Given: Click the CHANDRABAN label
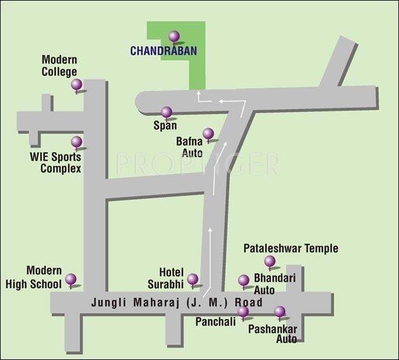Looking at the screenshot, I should [x=163, y=50].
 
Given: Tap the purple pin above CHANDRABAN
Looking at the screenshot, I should [x=174, y=36].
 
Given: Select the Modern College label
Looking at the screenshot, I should [x=60, y=66].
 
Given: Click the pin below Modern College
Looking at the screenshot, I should [x=77, y=84].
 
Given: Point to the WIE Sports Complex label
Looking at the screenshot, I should [x=56, y=163].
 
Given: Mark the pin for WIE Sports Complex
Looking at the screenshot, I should [x=77, y=142].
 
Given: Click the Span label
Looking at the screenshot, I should [x=165, y=125].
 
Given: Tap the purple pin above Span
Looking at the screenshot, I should [x=167, y=112].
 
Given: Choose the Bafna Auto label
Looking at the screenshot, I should [x=190, y=147].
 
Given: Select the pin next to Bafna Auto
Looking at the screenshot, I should [x=208, y=133].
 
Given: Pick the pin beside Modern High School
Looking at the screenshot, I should [x=71, y=278].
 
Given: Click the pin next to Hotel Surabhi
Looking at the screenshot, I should [x=193, y=278].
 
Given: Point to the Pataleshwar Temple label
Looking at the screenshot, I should [x=291, y=249].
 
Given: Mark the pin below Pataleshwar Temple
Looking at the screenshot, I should [x=270, y=260].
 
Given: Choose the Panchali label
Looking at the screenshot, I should [x=215, y=321].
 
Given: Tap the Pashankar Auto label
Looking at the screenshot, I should [x=272, y=334].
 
